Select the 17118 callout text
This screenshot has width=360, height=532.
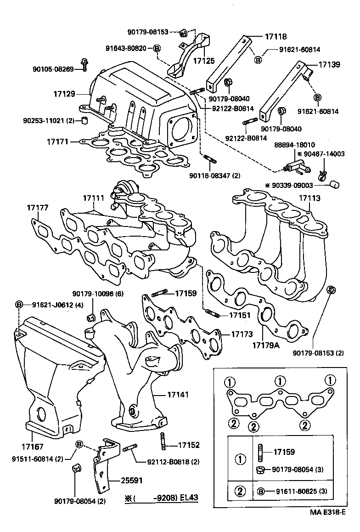276,36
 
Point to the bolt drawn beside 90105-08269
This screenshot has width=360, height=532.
84,64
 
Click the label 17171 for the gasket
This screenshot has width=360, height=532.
57,142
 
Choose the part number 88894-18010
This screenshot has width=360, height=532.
298,145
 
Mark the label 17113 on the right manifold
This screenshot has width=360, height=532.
310,198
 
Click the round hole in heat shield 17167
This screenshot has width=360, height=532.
40,414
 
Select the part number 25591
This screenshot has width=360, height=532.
131,481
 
